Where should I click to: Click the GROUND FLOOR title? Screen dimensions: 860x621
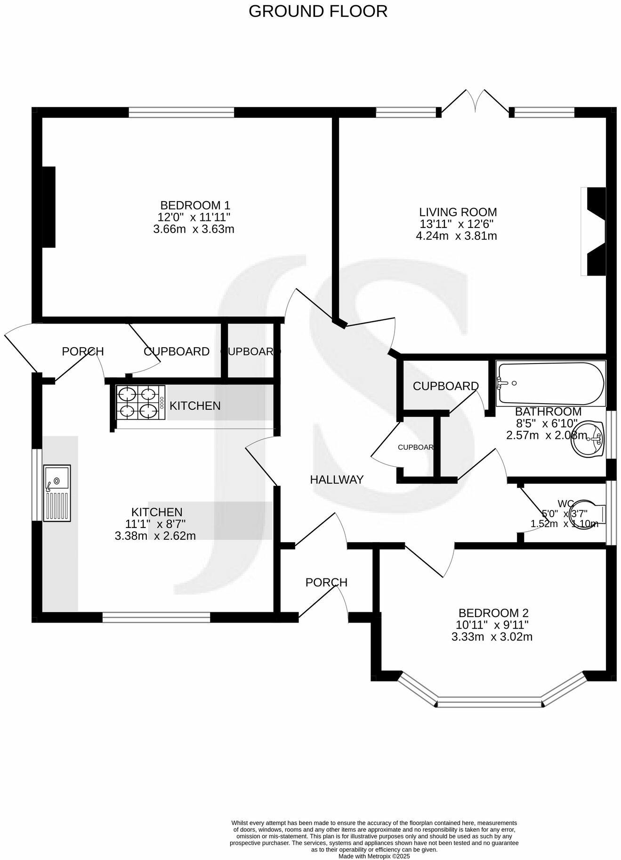tap(318, 11)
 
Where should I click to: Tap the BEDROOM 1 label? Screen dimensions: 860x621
tap(195, 205)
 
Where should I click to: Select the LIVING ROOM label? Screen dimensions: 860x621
tap(458, 212)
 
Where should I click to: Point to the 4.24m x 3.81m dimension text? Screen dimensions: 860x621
tap(456, 236)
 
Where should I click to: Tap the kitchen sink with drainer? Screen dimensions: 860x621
tap(56, 493)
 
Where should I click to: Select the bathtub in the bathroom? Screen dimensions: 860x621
tap(550, 384)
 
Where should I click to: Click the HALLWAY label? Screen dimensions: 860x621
tap(337, 479)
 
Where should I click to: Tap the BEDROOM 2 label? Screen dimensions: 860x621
tap(493, 613)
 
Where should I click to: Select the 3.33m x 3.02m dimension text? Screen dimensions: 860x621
tap(492, 637)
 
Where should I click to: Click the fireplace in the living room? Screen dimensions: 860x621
tap(594, 231)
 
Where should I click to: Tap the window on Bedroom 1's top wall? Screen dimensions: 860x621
tap(181, 112)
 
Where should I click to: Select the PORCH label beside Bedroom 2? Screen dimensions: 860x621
tap(326, 583)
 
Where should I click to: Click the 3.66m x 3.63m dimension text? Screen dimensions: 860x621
tap(194, 229)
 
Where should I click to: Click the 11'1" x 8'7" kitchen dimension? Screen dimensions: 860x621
tap(155, 524)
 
